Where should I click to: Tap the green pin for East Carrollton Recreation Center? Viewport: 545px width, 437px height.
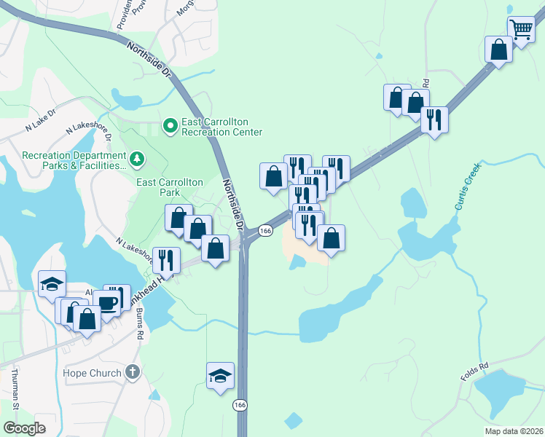coord(170,127)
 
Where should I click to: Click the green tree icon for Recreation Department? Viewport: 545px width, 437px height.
coord(136,158)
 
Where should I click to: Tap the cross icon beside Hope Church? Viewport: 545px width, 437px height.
coord(132,373)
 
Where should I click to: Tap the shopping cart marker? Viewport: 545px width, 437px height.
coord(521,31)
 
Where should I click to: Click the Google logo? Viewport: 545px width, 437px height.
coord(26,429)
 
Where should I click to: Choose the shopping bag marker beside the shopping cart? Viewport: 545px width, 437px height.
coord(498,50)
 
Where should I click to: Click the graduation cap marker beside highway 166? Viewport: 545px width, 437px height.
coord(221,375)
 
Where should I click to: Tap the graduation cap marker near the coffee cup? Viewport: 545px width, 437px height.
coord(52,284)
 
